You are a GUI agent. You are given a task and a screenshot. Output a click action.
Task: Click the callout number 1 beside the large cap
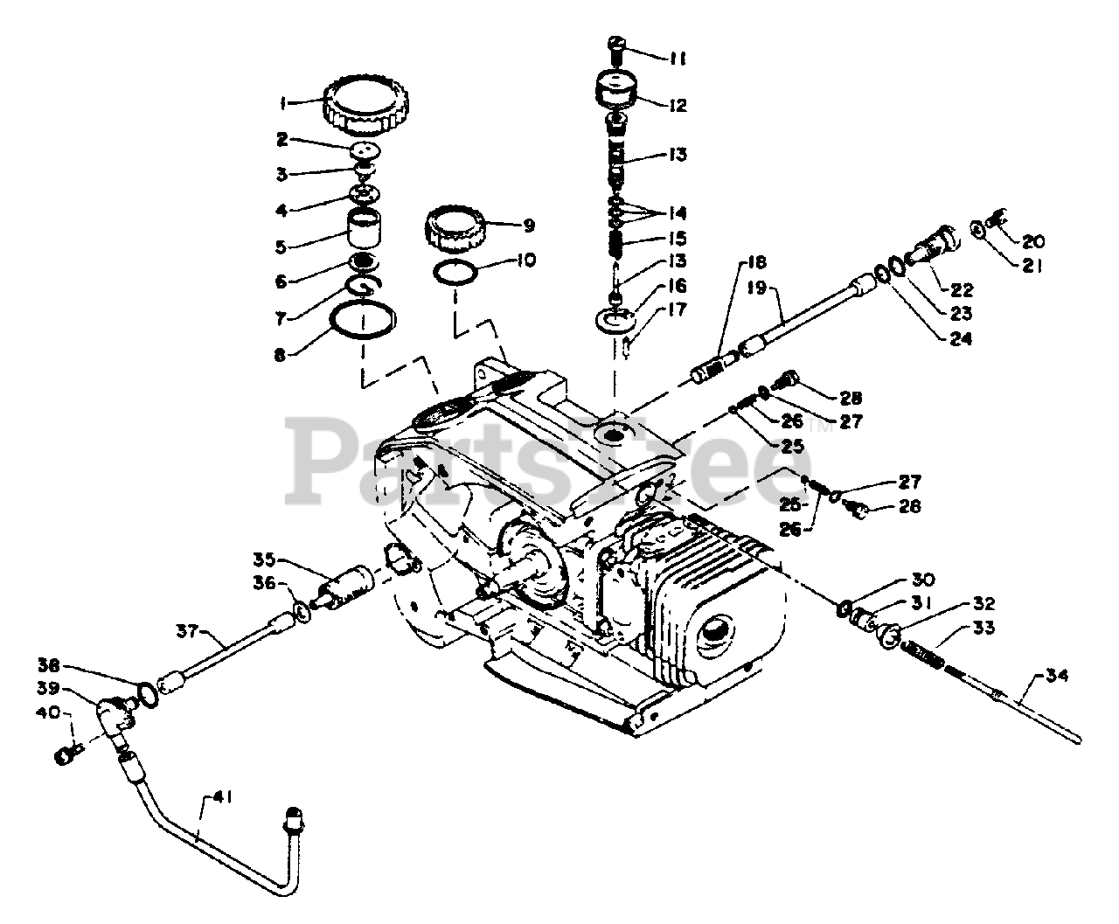(283, 103)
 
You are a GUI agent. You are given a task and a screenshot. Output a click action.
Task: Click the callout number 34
(1056, 675)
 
